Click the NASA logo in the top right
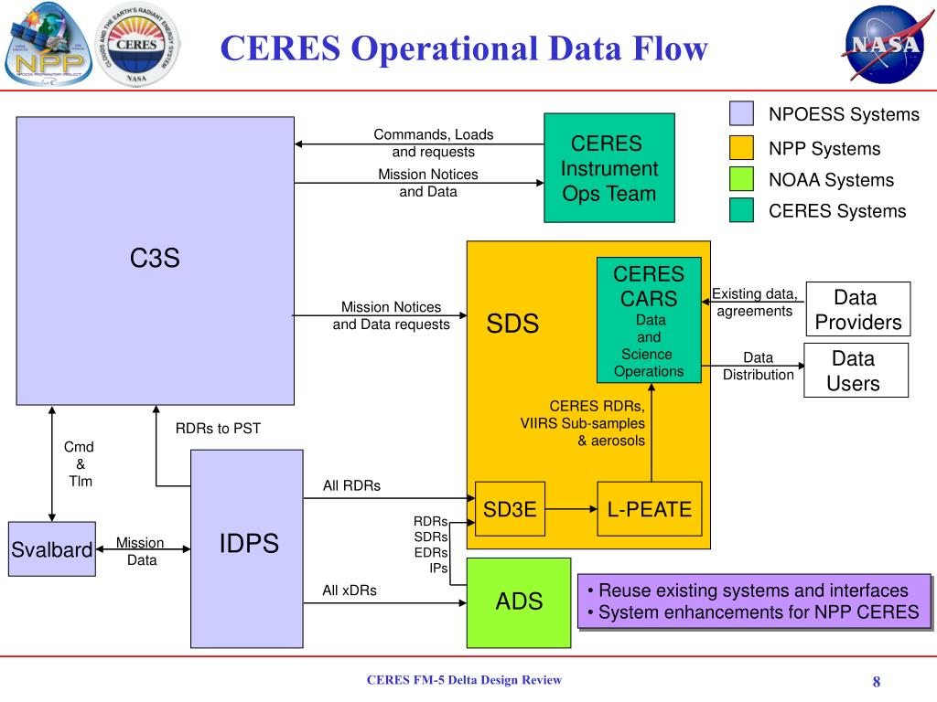point(882,46)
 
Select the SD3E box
point(510,508)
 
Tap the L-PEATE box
point(649,508)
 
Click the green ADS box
point(518,601)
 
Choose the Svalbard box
point(51,549)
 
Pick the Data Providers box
point(857,309)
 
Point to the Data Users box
point(856,370)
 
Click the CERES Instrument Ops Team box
point(609,168)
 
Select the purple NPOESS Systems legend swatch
point(741,113)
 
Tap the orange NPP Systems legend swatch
point(741,148)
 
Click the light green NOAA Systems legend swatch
point(741,179)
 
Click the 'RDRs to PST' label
point(218,428)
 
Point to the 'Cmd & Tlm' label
point(79,463)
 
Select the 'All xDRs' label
point(350,590)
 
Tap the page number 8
point(876,682)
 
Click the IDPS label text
point(249,544)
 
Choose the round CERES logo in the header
point(137,46)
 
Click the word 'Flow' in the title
point(662,48)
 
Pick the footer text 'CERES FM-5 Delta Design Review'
point(464,680)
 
